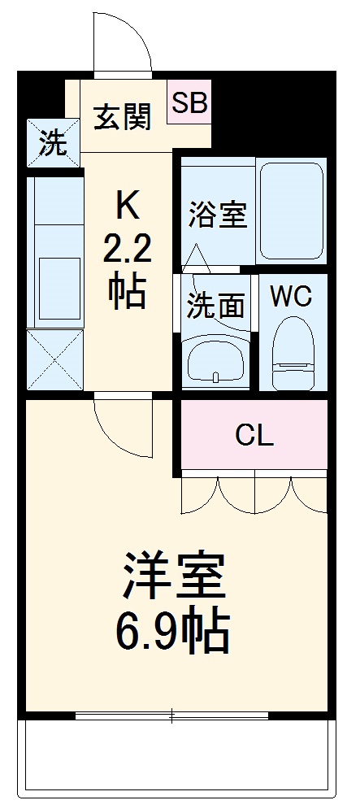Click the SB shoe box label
pos(189,102)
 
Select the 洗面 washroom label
pos(216,305)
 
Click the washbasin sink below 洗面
pos(215,359)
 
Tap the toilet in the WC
pos(292,354)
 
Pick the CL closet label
pos(254,436)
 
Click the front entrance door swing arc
pos(122,41)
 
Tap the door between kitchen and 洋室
pos(122,424)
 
